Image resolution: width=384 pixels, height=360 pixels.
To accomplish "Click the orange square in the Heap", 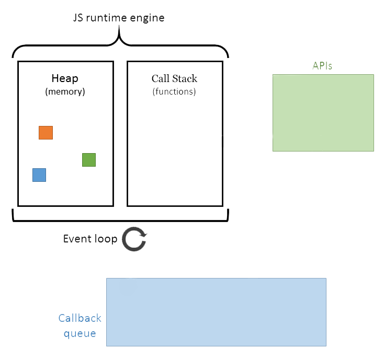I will pos(46,133).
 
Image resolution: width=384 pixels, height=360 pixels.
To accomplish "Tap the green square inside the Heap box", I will pos(89,160).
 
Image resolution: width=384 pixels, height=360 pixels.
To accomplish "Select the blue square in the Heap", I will pos(39,175).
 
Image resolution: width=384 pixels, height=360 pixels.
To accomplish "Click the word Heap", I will pos(65,79).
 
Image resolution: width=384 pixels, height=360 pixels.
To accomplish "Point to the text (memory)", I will pos(65,91).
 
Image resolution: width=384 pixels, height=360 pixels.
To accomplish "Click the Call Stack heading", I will pos(174,79).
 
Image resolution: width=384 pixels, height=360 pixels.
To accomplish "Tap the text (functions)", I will pos(174,91).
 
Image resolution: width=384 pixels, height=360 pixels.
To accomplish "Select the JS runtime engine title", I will pos(118,18).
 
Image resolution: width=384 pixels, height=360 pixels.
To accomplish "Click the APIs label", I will pos(322,66).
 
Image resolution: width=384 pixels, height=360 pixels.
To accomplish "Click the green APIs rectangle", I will pos(323,113).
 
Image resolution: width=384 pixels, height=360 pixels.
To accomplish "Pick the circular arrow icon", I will pos(134,240).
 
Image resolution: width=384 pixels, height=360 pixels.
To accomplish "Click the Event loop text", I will pos(90,239).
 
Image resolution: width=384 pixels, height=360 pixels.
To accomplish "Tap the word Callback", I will pos(80,318).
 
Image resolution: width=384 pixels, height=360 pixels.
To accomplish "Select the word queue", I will pos(80,333).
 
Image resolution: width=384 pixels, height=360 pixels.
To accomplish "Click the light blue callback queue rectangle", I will pos(216,312).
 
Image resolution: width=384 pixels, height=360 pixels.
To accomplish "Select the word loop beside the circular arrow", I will pos(105,239).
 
